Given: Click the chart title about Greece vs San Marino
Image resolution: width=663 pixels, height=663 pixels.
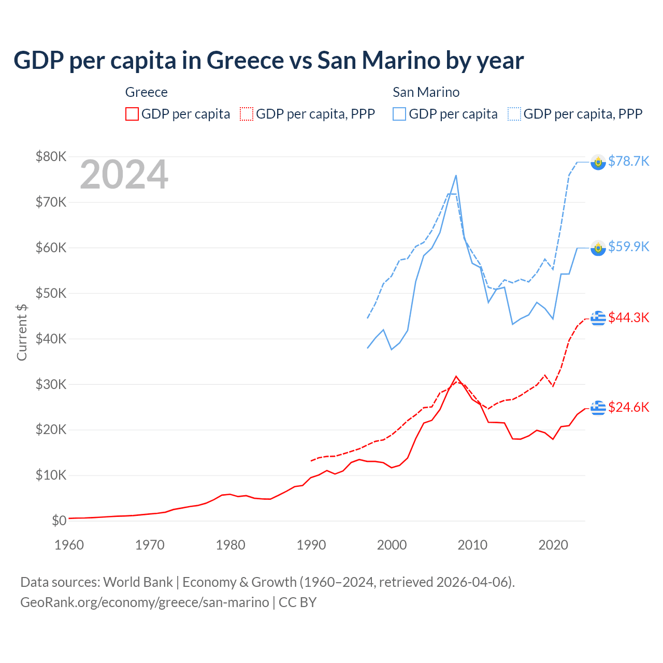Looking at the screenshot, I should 268,60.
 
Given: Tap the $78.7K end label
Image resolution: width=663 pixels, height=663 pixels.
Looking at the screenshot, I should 628,161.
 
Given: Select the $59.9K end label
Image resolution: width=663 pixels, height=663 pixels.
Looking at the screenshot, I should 628,247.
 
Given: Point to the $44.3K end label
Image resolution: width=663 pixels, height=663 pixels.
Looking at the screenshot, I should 628,318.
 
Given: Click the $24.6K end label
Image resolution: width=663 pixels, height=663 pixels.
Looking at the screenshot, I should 628,407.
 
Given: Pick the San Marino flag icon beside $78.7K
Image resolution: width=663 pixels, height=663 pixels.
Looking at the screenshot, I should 598,162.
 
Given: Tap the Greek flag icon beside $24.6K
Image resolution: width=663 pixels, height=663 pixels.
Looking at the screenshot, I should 598,408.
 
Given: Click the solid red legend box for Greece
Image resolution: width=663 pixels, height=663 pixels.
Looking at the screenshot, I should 132,114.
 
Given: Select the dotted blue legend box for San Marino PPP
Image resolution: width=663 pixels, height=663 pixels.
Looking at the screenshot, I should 514,114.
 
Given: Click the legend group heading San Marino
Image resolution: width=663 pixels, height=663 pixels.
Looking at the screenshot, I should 426,92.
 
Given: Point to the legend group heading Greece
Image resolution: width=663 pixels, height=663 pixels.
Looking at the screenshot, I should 147,92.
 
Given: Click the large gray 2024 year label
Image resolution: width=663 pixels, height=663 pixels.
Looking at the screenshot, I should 124,175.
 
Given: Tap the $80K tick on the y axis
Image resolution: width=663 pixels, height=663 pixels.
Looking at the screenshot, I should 51,156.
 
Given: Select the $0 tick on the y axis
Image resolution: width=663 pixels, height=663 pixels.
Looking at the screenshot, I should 59,521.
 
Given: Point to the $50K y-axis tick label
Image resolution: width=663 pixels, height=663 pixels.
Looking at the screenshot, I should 51,293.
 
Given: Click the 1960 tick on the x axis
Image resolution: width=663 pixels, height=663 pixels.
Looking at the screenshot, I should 69,545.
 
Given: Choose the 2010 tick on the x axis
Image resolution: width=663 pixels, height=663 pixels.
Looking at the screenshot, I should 472,545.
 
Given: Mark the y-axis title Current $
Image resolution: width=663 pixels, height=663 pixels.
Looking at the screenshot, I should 22,333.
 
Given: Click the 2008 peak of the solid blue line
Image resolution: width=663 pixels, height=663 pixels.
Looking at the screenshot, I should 456,176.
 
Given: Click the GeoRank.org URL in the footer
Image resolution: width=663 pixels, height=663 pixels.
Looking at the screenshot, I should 145,602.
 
